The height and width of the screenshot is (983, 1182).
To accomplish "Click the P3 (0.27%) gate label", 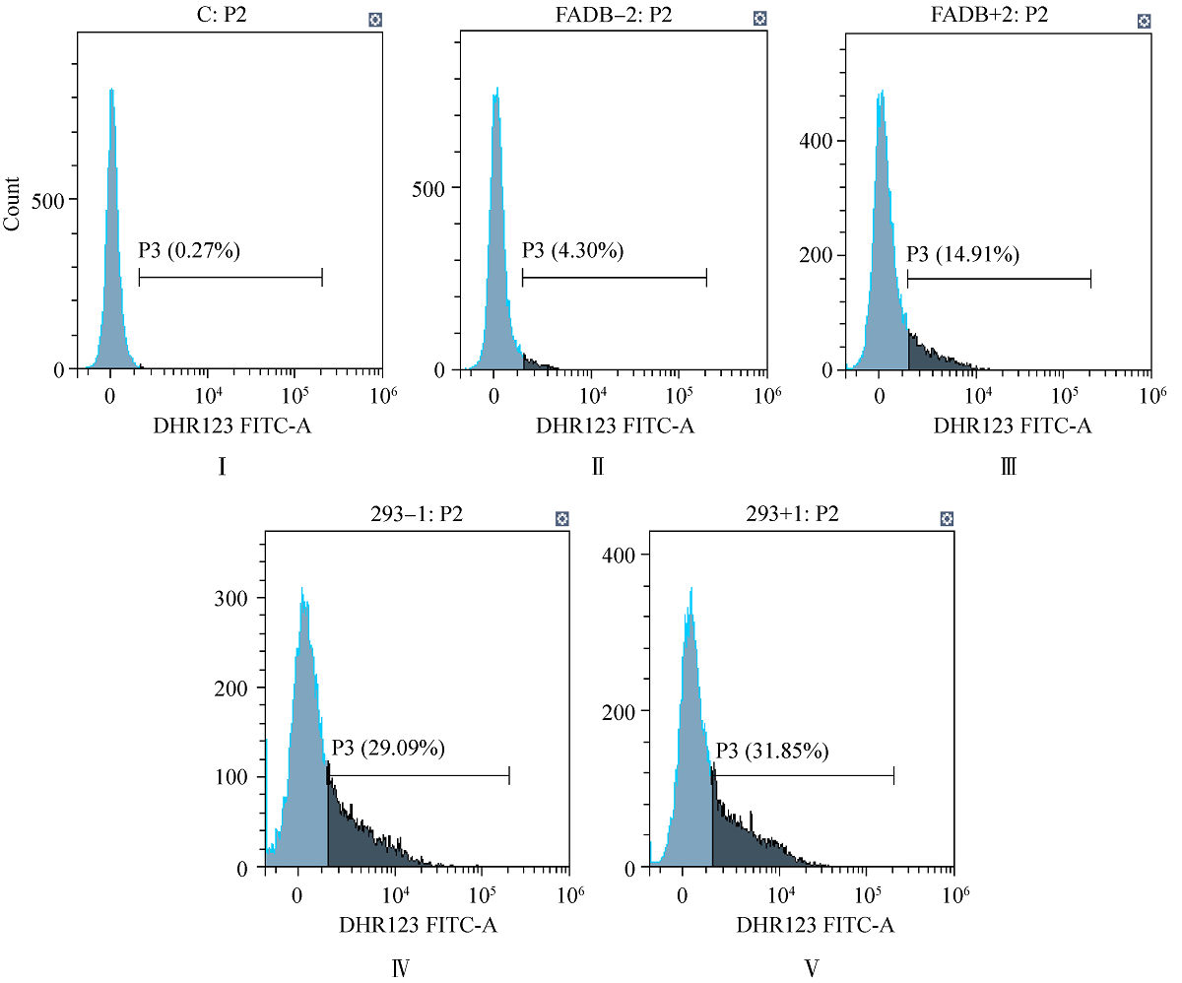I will [x=188, y=251].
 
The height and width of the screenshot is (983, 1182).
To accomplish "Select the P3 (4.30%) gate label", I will [x=571, y=251].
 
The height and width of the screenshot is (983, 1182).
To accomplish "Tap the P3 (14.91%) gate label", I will [x=962, y=255].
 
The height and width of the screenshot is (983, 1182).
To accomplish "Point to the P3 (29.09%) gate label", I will [x=388, y=749].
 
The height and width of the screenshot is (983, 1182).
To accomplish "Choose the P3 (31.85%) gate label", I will [x=771, y=752].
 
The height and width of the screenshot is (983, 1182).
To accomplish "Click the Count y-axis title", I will [x=13, y=203].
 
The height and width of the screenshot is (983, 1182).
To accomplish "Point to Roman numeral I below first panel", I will [x=223, y=466].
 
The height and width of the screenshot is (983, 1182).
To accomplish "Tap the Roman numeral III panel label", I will [x=1008, y=466].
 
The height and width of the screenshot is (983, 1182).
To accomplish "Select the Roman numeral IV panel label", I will [x=401, y=966].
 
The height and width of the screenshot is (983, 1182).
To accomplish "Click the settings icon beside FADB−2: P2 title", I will [x=759, y=19].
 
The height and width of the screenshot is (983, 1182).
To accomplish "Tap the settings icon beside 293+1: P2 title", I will [x=946, y=518].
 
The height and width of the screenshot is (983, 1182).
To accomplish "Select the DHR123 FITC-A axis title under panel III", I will [x=1012, y=426].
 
